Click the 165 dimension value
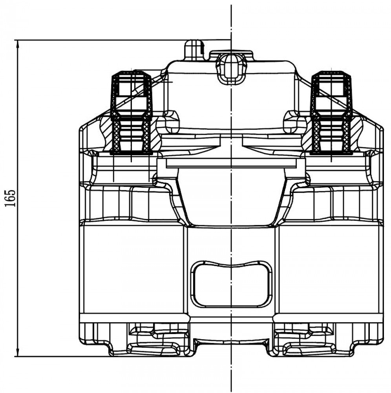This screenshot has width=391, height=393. point(11,198)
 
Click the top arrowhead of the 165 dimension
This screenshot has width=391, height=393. point(17,44)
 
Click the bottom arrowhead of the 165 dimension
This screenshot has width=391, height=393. point(17,352)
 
